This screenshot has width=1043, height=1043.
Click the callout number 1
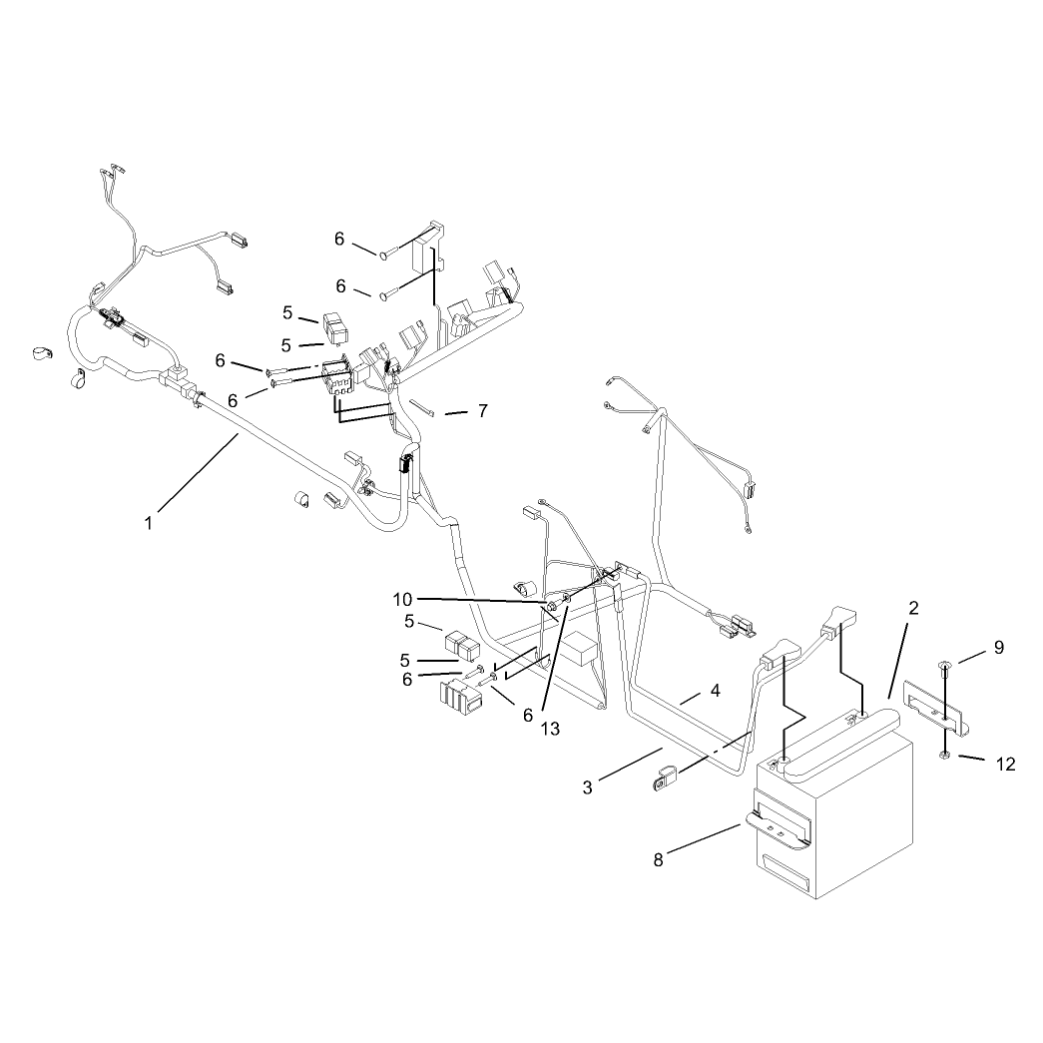pyautogui.click(x=149, y=523)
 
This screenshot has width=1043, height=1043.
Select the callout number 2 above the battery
pyautogui.click(x=913, y=608)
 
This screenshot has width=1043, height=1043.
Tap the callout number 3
pyautogui.click(x=587, y=787)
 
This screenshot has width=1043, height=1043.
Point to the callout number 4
pyautogui.click(x=715, y=691)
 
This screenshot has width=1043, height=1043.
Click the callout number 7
pyautogui.click(x=483, y=411)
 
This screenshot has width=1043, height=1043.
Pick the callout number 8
pyautogui.click(x=659, y=860)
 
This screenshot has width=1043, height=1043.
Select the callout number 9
pyautogui.click(x=999, y=647)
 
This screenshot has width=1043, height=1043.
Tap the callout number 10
pyautogui.click(x=402, y=600)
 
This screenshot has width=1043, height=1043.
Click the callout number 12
pyautogui.click(x=1006, y=765)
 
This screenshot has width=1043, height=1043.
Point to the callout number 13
pyautogui.click(x=551, y=729)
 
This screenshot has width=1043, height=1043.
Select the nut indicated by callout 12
pyautogui.click(x=943, y=755)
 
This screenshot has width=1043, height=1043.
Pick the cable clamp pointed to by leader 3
pyautogui.click(x=663, y=778)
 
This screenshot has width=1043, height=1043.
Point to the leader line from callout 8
pyautogui.click(x=705, y=838)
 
